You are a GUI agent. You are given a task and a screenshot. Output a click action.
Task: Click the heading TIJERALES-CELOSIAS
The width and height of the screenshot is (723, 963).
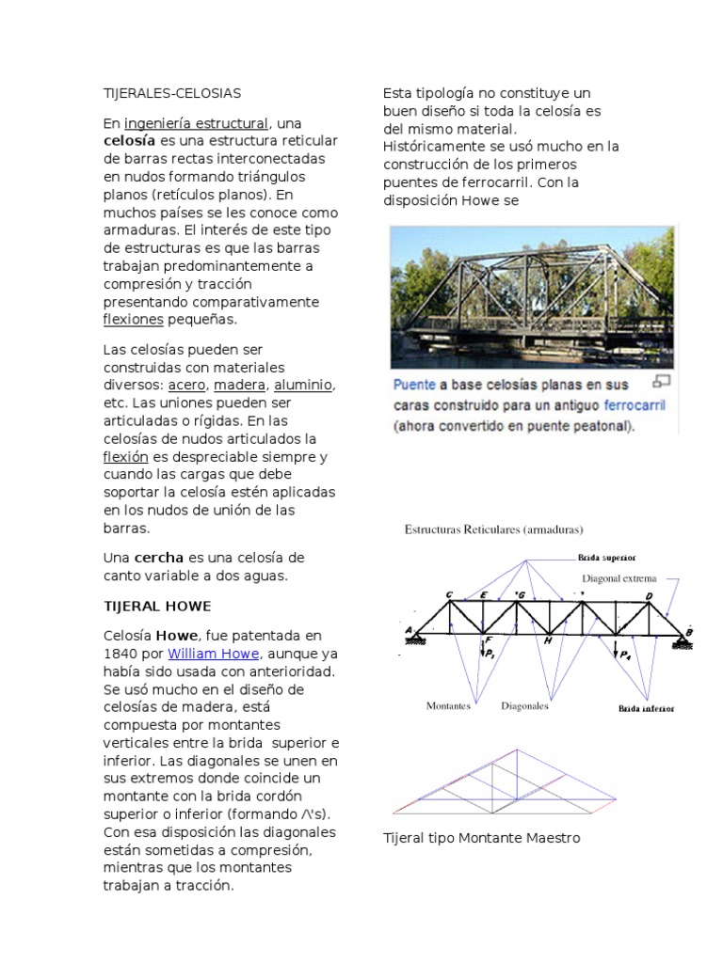tap(172, 93)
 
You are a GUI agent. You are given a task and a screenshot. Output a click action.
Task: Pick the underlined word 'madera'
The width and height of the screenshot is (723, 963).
tap(239, 386)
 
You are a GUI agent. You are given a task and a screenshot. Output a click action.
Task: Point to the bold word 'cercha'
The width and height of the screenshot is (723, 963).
tap(159, 558)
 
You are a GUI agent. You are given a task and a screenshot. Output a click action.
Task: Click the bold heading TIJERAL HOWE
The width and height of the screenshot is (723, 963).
tap(157, 605)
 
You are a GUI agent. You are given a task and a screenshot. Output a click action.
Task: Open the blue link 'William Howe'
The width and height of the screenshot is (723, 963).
tap(212, 654)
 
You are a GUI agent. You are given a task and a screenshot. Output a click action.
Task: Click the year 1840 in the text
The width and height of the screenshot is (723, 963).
tap(121, 654)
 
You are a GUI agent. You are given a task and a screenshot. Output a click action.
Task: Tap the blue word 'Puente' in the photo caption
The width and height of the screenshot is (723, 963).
tap(414, 385)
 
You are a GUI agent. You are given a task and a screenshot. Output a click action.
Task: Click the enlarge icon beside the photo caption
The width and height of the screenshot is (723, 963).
tap(661, 382)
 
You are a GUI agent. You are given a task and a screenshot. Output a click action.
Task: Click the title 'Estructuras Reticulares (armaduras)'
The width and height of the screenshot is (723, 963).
tap(494, 529)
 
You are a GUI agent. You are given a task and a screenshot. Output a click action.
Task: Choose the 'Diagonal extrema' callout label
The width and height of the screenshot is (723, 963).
tap(619, 579)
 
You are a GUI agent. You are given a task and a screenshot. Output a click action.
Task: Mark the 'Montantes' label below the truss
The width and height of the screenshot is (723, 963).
tap(448, 705)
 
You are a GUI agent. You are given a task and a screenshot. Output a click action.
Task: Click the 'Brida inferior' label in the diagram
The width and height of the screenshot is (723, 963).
tap(646, 707)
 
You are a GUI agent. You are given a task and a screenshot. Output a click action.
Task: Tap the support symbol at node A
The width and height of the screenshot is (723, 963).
tap(411, 639)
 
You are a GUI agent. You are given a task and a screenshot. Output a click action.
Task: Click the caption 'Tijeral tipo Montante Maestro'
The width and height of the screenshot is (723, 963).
tap(481, 837)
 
